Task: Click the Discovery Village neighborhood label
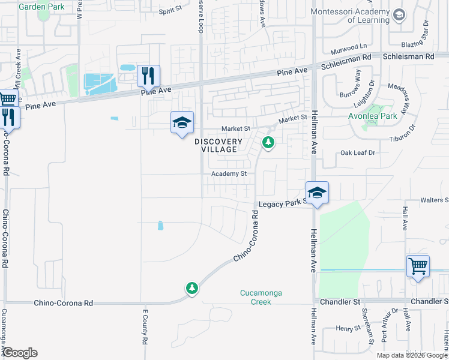pos(219,145)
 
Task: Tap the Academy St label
pos(229,174)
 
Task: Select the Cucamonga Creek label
pos(261,297)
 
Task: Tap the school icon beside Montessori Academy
pos(399,15)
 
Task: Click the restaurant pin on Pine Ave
pos(148,76)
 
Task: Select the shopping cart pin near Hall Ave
pos(418,265)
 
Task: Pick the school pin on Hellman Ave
pos(316,193)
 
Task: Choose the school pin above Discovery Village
pos(182,123)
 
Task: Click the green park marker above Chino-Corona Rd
pos(191,289)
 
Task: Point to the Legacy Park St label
pos(283,204)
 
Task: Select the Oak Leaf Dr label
pos(357,153)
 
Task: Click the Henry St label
pos(346,328)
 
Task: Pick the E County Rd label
pos(145,327)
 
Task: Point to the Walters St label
pos(434,200)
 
